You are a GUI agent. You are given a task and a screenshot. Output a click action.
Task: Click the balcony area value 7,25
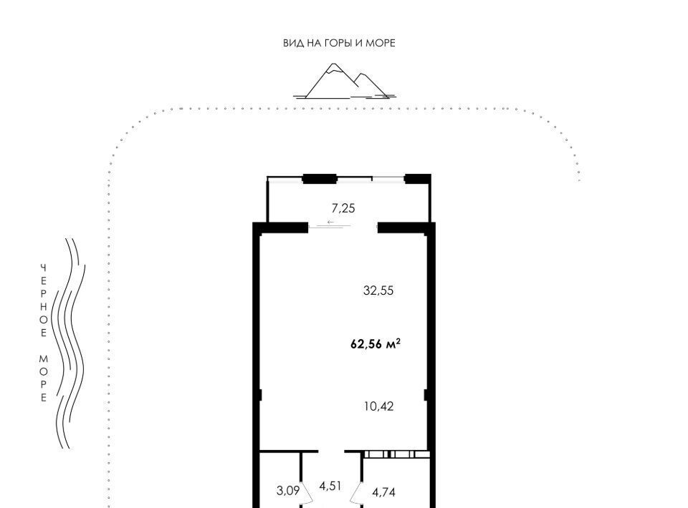click(343, 208)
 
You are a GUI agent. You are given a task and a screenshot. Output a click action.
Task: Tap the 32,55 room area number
click(378, 290)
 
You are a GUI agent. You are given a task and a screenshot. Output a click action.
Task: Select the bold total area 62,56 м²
click(375, 344)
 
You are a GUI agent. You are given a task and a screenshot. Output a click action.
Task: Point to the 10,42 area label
click(378, 406)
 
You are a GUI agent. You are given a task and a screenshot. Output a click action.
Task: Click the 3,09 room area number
click(288, 491)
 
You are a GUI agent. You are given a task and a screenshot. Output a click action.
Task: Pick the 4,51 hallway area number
click(330, 486)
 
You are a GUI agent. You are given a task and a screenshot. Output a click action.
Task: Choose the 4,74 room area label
click(383, 493)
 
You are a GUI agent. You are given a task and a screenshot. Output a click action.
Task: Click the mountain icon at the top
click(345, 82)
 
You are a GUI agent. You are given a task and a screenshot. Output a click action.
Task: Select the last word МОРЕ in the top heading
click(381, 43)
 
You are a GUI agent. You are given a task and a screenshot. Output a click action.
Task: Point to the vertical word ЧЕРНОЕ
click(44, 301)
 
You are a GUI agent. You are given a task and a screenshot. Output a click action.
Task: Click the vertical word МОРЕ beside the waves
click(44, 378)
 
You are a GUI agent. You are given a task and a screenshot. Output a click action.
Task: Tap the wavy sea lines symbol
click(69, 343)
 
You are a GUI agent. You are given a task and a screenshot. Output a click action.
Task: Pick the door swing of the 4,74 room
click(356, 493)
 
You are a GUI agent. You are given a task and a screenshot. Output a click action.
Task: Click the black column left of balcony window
click(320, 179)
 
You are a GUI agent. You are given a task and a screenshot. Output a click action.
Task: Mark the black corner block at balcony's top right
click(417, 179)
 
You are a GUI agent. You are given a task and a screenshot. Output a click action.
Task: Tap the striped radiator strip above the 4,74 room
click(396, 454)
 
